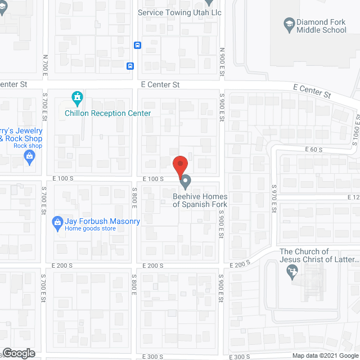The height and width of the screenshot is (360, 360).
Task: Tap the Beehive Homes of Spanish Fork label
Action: (x=200, y=200)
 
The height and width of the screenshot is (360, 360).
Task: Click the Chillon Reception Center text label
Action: (x=108, y=113)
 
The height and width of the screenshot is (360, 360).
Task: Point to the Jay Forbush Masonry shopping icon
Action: (x=57, y=222)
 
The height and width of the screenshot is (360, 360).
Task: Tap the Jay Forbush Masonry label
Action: (x=102, y=221)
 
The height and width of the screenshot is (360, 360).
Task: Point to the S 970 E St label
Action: (x=274, y=197)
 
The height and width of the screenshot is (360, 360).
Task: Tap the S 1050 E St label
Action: (x=355, y=131)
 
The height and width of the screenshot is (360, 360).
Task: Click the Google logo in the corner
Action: (x=18, y=353)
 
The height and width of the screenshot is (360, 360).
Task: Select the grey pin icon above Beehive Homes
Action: (x=185, y=182)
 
